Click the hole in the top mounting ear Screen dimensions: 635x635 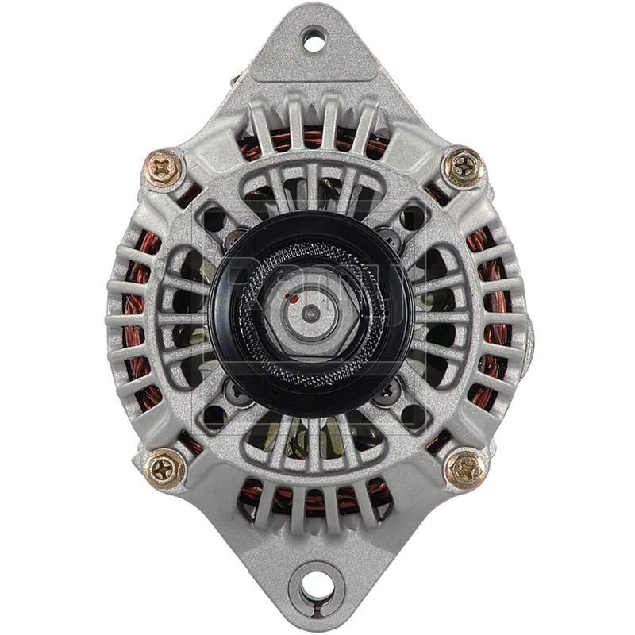314,40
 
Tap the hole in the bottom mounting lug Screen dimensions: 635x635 316,586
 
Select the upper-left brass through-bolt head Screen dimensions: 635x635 164,167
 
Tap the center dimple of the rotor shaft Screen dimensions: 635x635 311,315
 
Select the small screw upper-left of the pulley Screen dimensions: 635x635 235,236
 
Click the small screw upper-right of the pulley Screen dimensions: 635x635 388,236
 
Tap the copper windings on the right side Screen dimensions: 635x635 496,317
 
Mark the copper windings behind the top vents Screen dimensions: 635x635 317,139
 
